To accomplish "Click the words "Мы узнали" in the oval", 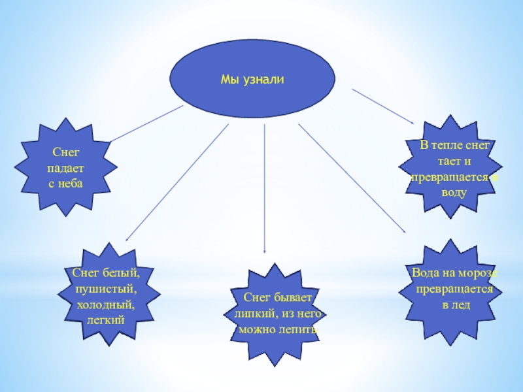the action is click(252, 79).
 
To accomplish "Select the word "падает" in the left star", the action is click(65, 168).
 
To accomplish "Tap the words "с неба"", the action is click(65, 182).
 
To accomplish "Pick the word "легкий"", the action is click(106, 320).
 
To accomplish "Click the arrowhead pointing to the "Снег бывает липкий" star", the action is click(264, 250).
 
